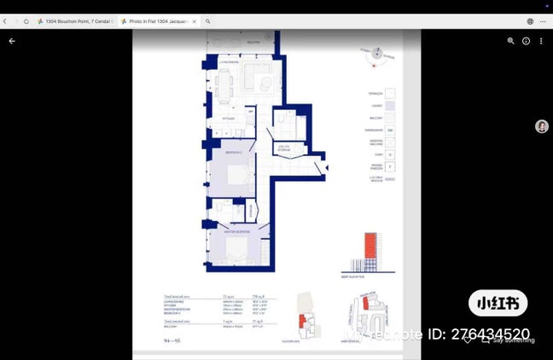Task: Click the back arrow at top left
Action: point(12,40)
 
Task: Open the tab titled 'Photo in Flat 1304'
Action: point(161,21)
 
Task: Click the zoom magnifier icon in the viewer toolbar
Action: point(511,40)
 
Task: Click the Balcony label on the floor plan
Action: point(253,41)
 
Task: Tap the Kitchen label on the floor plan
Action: point(228,119)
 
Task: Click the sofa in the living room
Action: point(255,79)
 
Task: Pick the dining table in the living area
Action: point(224,83)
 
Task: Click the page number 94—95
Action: point(172,340)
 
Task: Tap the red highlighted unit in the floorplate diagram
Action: point(301,320)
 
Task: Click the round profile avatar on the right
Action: point(541,126)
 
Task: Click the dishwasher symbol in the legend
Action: point(390,131)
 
